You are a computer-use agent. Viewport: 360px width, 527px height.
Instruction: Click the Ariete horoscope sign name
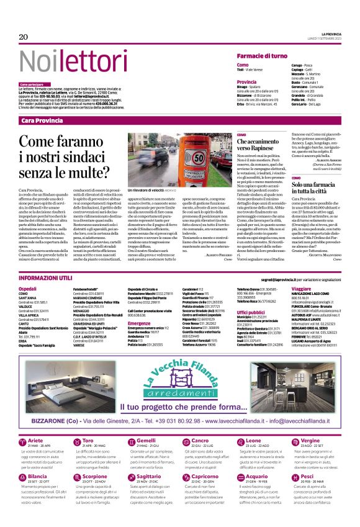[37, 440]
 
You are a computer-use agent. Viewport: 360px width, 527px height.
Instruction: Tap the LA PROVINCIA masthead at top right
[335, 33]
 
